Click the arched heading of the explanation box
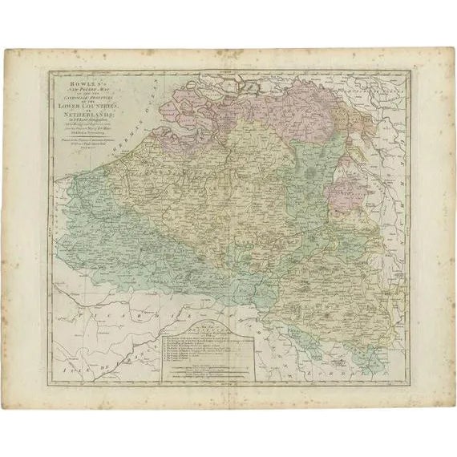pyautogui.click(x=213, y=326)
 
